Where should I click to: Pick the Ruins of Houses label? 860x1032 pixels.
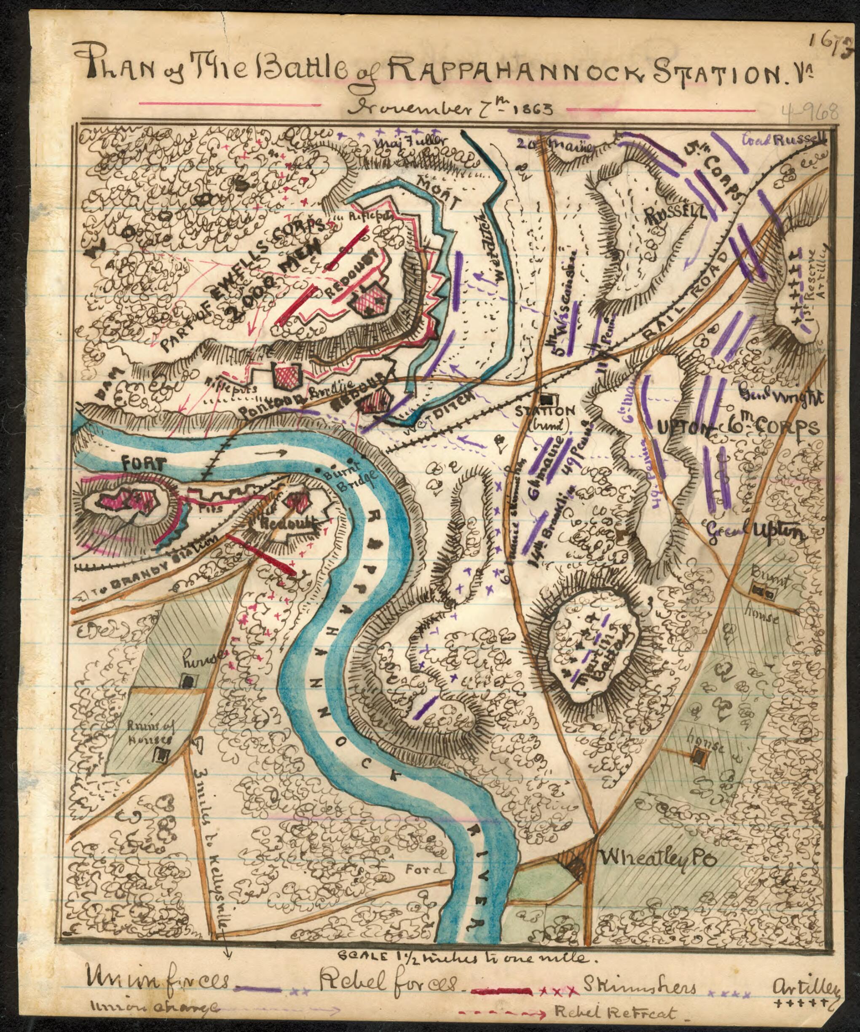click(151, 734)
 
